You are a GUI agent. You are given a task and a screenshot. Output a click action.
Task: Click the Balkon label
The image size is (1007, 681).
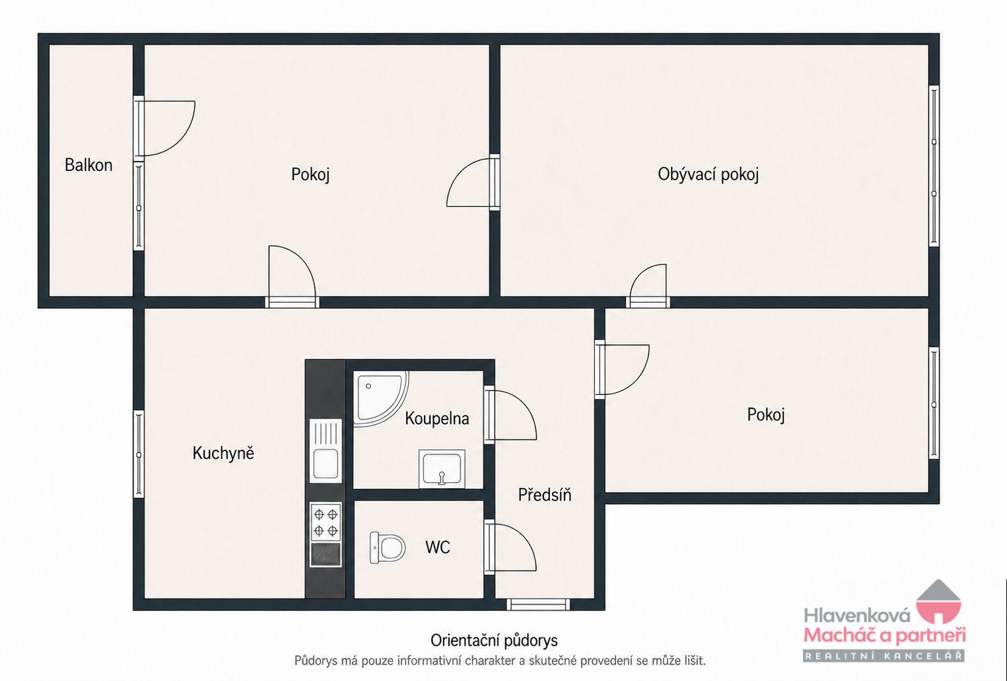coord(88,165)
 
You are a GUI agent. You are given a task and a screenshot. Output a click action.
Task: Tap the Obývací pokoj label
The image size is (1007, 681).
coord(708,174)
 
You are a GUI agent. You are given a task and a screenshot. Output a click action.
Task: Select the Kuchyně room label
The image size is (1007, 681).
coord(223,453)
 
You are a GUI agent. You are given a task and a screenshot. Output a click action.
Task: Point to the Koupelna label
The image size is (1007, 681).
coord(437,419)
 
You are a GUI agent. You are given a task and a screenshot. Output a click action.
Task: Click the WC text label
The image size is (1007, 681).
coord(437,548)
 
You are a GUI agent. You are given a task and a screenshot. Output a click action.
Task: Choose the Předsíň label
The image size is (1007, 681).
coord(544,495)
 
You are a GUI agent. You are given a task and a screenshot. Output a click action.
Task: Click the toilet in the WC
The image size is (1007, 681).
coord(387,548)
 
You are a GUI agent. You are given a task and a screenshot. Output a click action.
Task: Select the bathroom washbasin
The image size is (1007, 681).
coord(442,469)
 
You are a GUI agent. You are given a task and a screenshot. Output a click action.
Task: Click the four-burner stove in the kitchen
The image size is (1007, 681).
coord(326,522)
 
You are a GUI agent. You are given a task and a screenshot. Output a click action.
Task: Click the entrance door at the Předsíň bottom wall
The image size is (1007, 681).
coord(538,604)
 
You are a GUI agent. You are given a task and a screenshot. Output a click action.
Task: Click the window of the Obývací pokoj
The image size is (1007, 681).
coord(934,166)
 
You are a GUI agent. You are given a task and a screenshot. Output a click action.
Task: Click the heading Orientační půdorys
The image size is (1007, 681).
coord(494,641)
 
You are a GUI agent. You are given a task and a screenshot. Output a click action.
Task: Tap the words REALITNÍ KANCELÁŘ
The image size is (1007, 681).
coord(884,657)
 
